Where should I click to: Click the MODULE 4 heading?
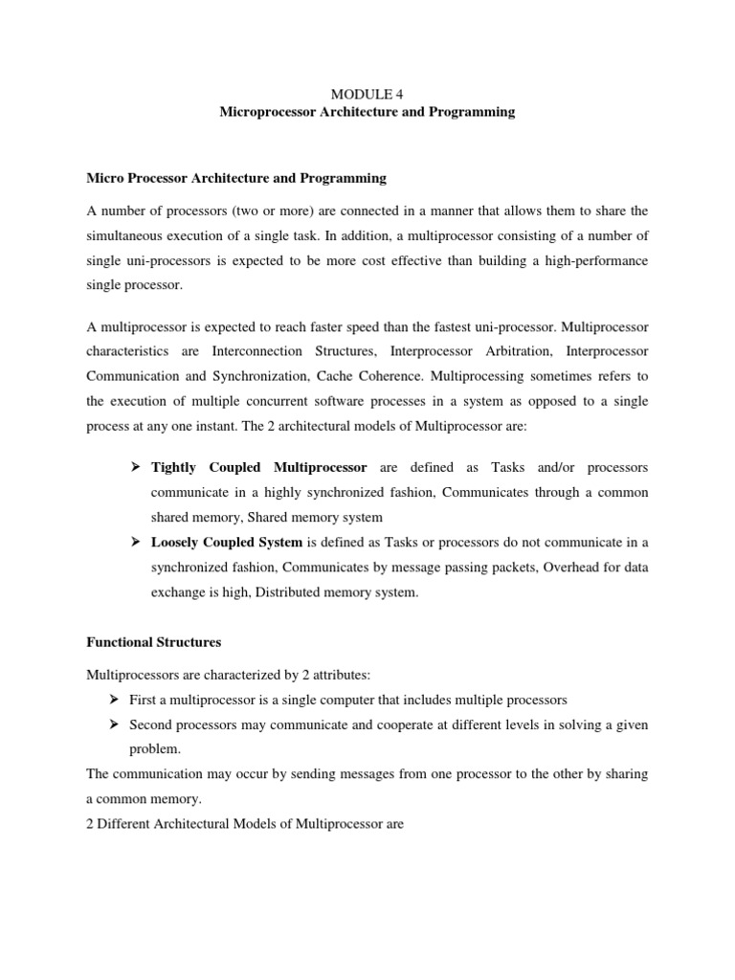coord(367,93)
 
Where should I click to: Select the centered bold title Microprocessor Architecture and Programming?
coord(367,112)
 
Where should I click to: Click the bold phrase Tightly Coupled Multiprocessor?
coord(259,468)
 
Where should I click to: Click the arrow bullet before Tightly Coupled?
coord(135,468)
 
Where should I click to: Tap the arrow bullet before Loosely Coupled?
coord(135,542)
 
